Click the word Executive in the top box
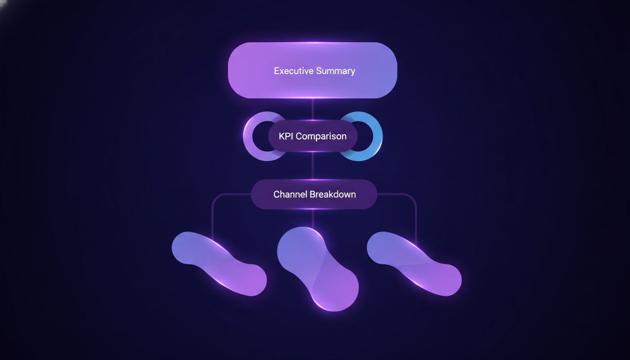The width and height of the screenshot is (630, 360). (293, 71)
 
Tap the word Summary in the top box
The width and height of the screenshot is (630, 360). (336, 71)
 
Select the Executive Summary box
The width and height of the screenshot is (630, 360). (313, 70)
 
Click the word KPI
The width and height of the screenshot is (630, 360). (286, 136)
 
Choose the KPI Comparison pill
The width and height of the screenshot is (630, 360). (313, 136)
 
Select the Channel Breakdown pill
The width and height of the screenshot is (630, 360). (314, 195)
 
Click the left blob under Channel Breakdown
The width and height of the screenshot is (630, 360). (219, 264)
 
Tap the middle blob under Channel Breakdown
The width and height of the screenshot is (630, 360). (318, 269)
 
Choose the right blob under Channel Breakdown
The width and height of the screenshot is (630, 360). (414, 264)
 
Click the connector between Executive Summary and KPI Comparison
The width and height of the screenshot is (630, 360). (313, 109)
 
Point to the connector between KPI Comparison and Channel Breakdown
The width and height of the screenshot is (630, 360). (313, 166)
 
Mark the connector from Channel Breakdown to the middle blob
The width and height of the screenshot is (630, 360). (313, 218)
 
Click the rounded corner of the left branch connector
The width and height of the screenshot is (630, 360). (215, 196)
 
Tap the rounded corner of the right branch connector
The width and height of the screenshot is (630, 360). (413, 196)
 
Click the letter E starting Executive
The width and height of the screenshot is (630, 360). (277, 71)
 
